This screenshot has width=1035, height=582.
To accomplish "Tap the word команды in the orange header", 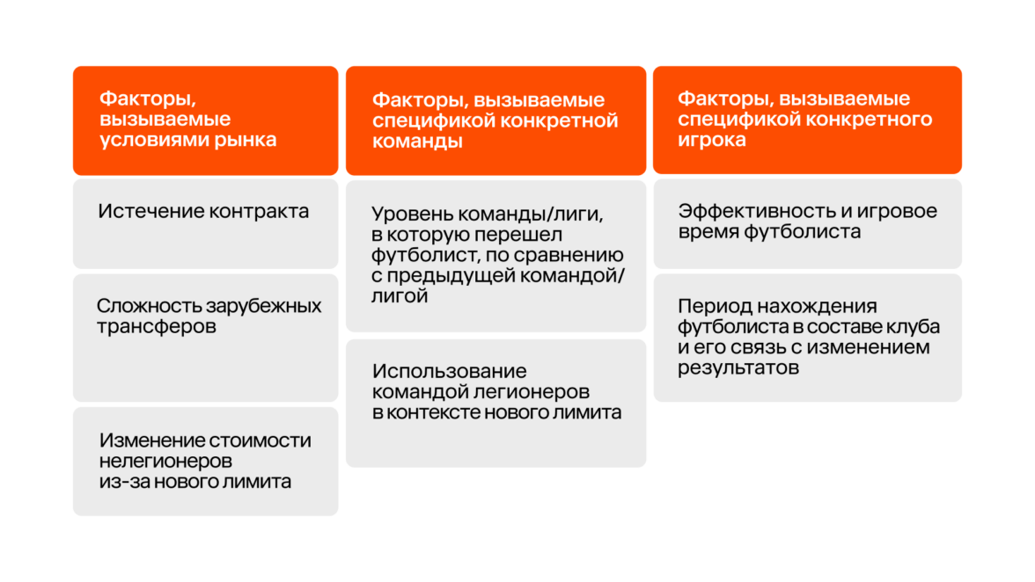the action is [x=417, y=141].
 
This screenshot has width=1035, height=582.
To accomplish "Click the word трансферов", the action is [x=157, y=327].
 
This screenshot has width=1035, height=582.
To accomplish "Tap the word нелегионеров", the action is [x=165, y=461].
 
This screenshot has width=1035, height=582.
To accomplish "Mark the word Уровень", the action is [x=412, y=215].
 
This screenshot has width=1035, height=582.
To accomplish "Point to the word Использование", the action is [x=450, y=371].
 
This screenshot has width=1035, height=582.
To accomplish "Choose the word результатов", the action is [x=738, y=367].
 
